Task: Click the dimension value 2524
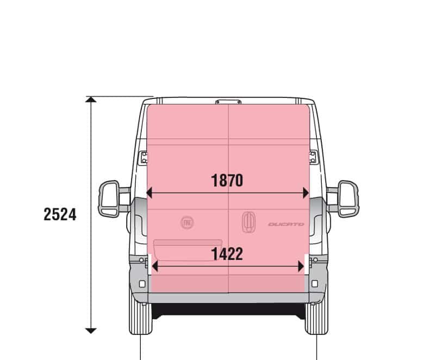60,214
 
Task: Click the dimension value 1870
227,181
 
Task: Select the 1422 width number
227,253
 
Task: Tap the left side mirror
110,199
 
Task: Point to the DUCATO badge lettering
286,224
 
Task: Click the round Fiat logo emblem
187,222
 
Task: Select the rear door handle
248,222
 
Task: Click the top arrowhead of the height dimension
91,99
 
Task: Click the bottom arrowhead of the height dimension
91,330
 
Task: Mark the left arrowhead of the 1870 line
149,193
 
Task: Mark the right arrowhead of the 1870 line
306,193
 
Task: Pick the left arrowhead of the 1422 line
155,266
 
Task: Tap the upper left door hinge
144,158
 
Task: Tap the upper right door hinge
313,158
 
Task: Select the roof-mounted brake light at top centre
228,101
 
